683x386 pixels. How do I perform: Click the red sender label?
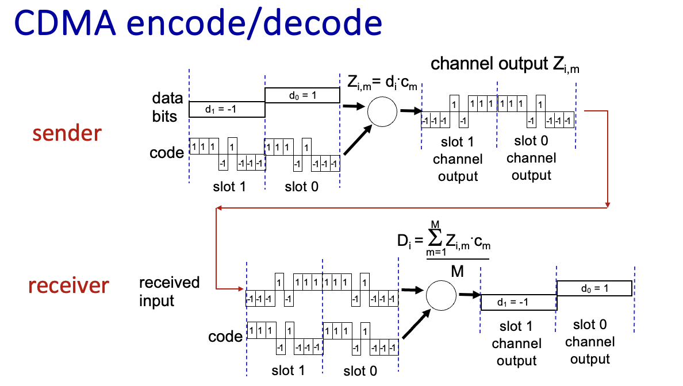click(67, 133)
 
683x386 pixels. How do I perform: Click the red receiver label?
click(68, 284)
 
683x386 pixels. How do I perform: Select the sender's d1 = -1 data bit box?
click(227, 109)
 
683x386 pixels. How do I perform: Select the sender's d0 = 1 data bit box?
click(302, 95)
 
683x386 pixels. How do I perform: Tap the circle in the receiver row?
click(440, 294)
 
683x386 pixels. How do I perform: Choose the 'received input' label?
click(169, 291)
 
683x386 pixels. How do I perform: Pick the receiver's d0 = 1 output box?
click(594, 288)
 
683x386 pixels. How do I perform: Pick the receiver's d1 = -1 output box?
click(518, 302)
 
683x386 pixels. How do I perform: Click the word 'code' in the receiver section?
click(225, 337)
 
